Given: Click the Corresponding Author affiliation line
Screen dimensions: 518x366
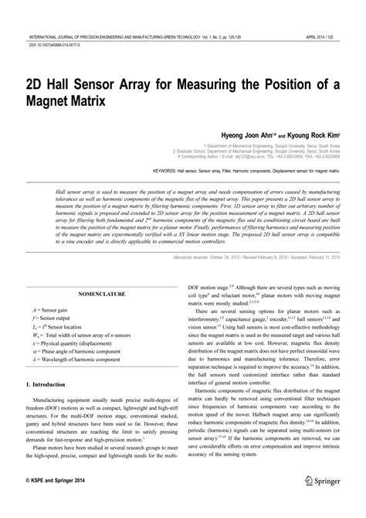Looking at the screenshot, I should pos(277,154).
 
